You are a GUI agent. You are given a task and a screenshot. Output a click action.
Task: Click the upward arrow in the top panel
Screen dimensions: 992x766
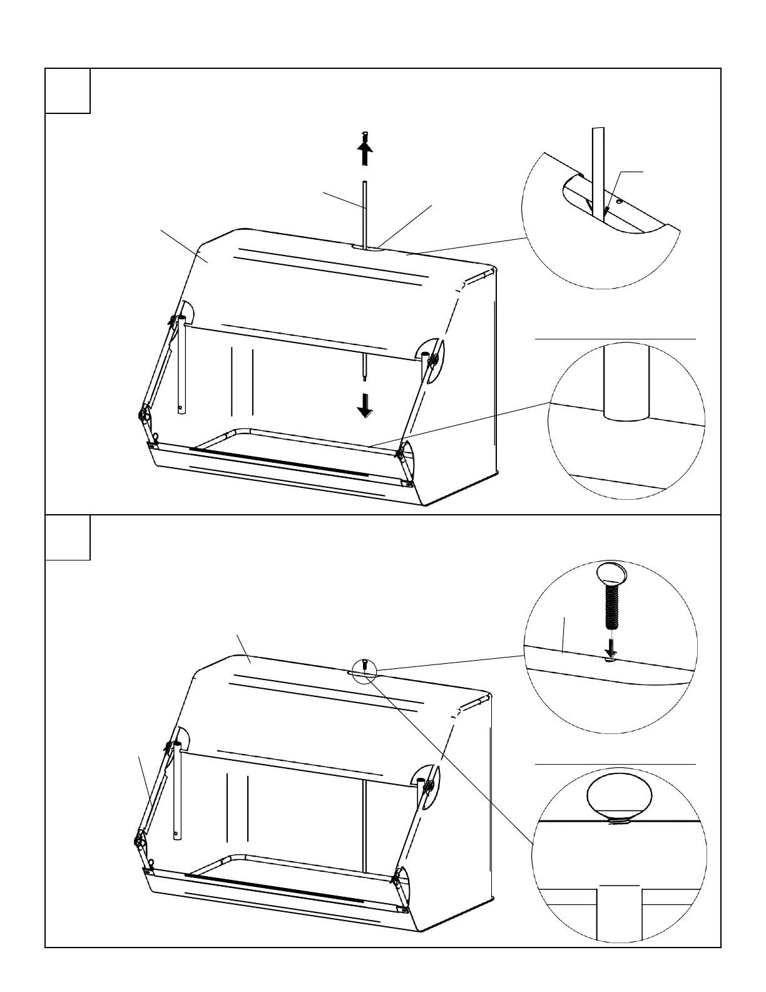tap(365, 153)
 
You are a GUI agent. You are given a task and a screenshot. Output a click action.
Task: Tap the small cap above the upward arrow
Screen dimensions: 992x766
tap(365, 135)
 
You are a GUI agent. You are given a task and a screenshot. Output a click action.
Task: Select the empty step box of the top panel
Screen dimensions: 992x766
tap(68, 91)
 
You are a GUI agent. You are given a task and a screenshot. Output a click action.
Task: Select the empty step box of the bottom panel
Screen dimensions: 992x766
tap(68, 537)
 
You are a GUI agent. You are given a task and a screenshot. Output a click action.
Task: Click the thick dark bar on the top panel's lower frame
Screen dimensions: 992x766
tap(278, 461)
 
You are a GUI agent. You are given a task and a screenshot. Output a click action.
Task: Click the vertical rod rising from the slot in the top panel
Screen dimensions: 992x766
tap(365, 213)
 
